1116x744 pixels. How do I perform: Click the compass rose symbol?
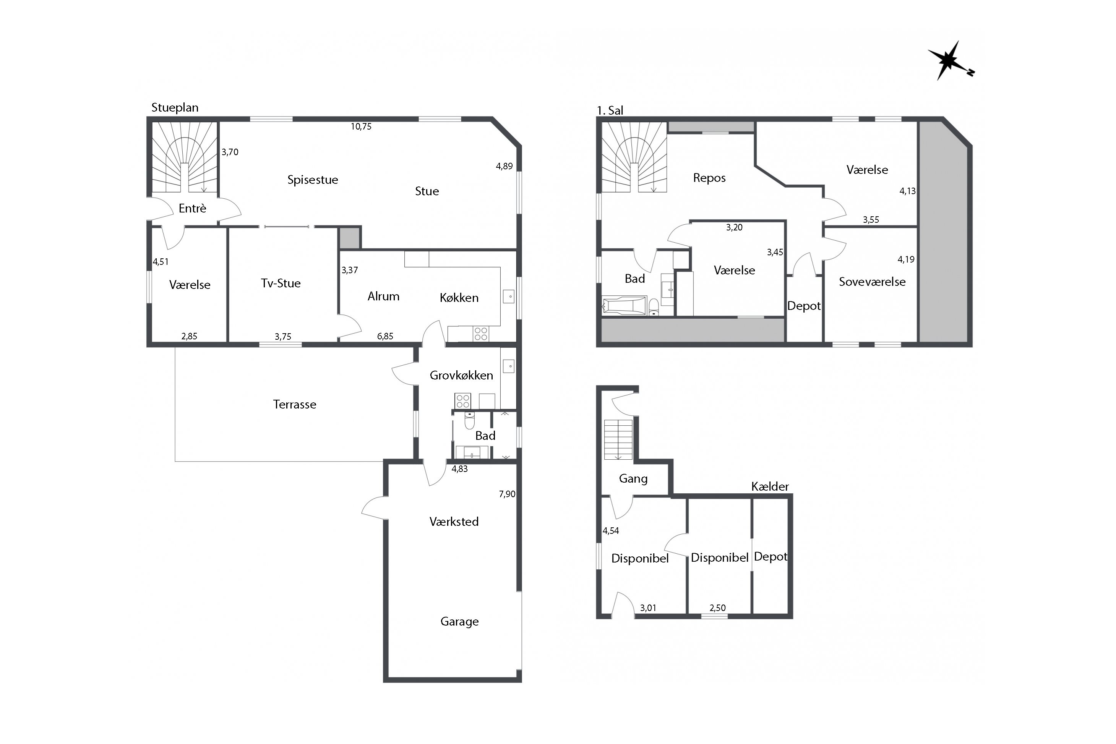coord(949,61)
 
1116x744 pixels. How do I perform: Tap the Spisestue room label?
coord(313,180)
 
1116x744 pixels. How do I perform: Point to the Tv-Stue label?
coord(281,283)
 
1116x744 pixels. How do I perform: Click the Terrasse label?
coord(295,404)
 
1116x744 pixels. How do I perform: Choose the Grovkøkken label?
coord(461,375)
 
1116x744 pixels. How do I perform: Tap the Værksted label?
coord(454,522)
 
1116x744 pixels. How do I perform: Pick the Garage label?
coord(459,622)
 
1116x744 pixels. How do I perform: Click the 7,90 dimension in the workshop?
coord(507,494)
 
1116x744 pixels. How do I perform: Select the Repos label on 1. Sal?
coord(709,178)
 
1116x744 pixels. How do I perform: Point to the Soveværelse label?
coord(872,282)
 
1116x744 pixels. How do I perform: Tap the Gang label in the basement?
coord(633,479)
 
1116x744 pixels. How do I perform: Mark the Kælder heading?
coord(770,486)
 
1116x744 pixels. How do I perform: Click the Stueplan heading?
coord(175,108)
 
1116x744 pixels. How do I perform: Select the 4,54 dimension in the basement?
coord(611,531)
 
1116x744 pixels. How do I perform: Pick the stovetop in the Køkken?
coord(481,334)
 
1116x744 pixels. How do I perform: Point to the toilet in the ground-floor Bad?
coord(469,420)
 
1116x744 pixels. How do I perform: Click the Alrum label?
coord(383,297)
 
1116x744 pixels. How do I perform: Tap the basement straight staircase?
coord(618,439)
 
